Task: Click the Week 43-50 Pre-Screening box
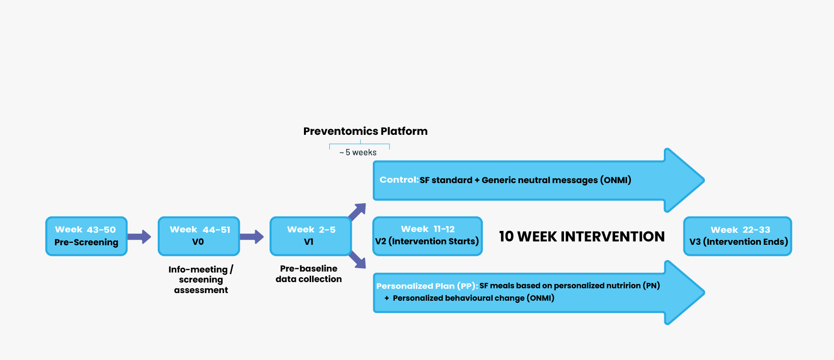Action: pos(87,236)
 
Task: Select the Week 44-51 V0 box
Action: pos(199,236)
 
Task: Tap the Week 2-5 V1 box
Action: pos(311,236)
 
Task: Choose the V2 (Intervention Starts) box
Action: pos(427,236)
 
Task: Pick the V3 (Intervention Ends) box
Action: pos(737,236)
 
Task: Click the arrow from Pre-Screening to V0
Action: pos(140,236)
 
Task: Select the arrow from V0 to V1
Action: pos(252,236)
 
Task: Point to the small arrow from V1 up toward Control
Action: pos(357,212)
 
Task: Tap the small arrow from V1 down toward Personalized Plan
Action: pos(357,260)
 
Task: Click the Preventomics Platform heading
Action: pos(366,131)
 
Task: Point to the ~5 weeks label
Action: pos(358,153)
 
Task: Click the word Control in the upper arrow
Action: pos(399,180)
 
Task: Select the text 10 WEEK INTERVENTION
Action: pos(582,236)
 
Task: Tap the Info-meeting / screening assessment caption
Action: pos(201,280)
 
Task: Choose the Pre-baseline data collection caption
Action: pos(309,274)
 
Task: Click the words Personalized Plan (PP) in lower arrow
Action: pos(427,286)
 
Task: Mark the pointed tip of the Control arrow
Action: pos(704,180)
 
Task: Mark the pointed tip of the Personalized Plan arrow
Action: pos(704,293)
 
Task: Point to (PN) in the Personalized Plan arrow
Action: pos(651,286)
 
